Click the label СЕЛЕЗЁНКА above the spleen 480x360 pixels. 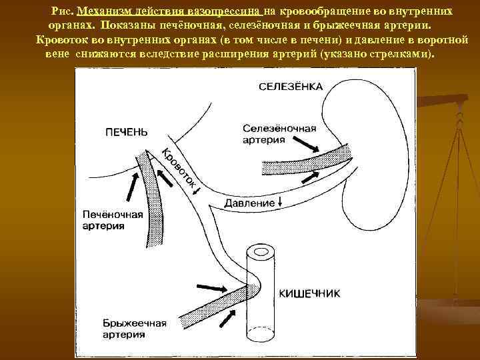pos(291,87)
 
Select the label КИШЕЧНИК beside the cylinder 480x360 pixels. pos(310,293)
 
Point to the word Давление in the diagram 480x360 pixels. pos(250,203)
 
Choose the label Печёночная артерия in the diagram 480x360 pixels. pos(113,220)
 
